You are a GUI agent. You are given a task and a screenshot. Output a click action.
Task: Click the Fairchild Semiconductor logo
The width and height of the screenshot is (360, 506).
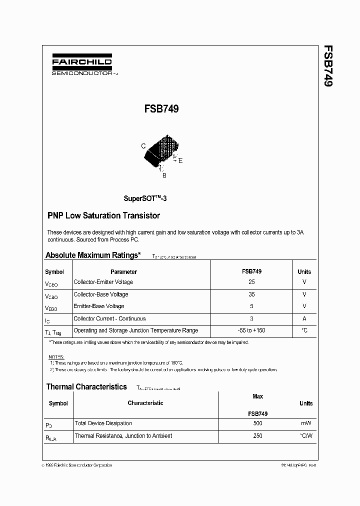(x=81, y=65)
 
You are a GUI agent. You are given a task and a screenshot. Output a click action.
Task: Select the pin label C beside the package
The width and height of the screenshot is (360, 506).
(x=143, y=146)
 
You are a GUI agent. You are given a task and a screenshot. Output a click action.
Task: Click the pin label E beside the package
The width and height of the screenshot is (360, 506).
(x=180, y=160)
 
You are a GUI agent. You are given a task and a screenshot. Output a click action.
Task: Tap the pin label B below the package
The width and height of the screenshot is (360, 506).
(x=164, y=175)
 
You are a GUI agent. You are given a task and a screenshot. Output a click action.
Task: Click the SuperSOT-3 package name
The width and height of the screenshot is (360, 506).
(x=145, y=198)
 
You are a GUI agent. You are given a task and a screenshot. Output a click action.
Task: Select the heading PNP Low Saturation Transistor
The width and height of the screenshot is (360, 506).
(x=103, y=216)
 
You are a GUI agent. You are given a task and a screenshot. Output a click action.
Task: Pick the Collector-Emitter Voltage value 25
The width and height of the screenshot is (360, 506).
(x=251, y=282)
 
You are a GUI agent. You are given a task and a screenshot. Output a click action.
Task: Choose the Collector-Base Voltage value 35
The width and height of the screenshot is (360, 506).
(x=251, y=294)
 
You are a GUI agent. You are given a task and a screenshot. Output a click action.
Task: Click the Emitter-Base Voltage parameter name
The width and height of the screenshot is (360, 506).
(x=98, y=306)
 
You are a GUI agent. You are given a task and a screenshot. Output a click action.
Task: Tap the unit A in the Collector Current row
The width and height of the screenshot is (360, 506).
(x=304, y=318)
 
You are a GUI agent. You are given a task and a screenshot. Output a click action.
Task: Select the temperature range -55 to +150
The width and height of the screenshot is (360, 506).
(x=251, y=330)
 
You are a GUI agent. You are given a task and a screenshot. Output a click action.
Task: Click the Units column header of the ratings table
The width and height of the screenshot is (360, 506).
(x=304, y=272)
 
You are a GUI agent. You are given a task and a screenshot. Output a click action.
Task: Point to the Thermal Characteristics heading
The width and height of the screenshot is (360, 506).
(x=86, y=386)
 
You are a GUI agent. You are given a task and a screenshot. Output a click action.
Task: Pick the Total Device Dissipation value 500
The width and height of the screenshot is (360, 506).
(x=257, y=423)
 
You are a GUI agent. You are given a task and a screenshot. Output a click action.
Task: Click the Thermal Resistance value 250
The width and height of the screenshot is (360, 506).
(x=257, y=436)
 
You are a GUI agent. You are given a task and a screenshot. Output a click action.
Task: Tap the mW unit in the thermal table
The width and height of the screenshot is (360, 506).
(x=305, y=423)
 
